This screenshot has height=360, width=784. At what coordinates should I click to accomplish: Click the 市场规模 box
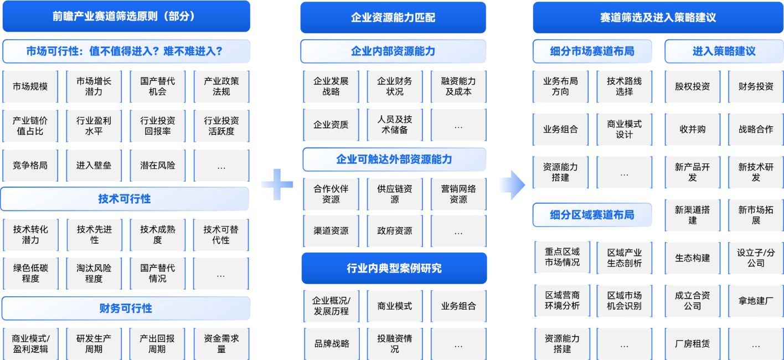coord(30,86)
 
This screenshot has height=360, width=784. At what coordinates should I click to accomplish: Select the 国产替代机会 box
coord(157,86)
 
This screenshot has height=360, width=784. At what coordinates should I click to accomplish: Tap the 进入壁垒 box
coord(94,165)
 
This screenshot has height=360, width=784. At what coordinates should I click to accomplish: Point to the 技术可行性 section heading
coord(125,199)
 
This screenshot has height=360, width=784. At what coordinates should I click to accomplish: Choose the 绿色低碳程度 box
coord(30,273)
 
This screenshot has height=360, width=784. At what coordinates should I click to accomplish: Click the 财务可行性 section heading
coord(126,308)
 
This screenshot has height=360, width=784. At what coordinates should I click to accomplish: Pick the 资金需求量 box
coord(221,343)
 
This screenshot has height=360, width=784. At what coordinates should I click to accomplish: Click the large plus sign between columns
coord(277,184)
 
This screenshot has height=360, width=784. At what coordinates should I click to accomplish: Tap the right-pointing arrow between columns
coord(513,185)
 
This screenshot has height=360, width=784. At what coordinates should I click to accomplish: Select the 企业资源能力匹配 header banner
coord(393,18)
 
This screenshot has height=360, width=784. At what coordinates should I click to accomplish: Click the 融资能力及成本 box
coord(458,86)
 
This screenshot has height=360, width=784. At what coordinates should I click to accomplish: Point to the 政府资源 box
coord(395,231)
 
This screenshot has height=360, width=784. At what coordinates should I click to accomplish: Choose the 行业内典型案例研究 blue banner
coord(394,268)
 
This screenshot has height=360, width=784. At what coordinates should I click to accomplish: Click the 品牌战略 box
coord(332,343)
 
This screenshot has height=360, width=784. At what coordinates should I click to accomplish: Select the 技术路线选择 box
coord(625,86)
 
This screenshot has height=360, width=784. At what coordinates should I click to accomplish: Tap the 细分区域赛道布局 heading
coord(592,215)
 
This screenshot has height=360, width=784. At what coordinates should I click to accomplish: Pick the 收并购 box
coord(693,129)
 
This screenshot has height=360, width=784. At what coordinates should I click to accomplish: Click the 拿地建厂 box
coord(756,301)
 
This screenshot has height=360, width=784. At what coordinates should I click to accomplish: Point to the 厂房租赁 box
coord(693,343)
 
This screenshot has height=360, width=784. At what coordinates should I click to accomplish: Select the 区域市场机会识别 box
coord(625,301)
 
